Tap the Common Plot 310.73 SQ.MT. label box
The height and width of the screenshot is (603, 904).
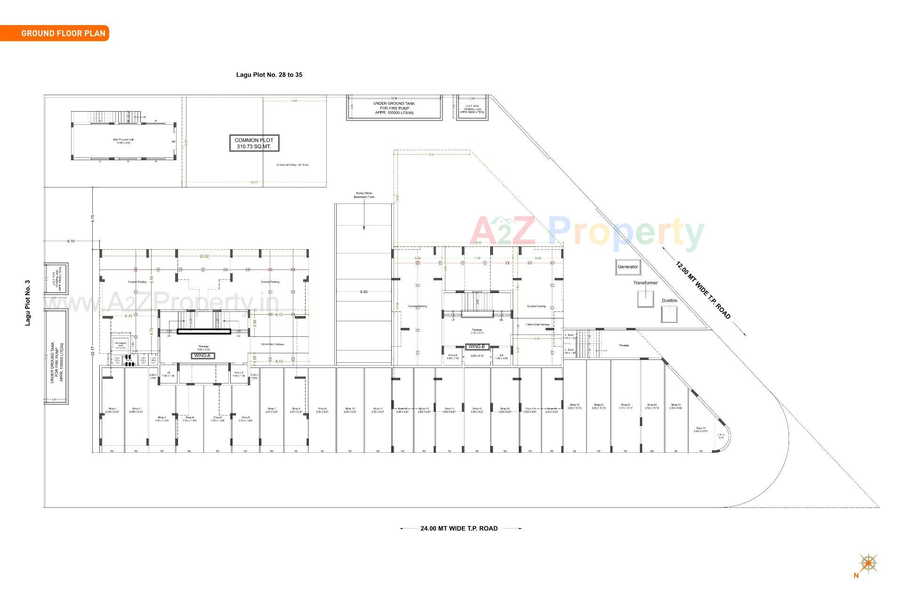pos(254,143)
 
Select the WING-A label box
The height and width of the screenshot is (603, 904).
pos(203,355)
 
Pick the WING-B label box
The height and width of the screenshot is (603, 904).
pos(476,347)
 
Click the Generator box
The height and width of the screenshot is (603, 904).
pos(628,267)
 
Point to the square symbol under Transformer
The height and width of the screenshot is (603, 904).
pos(645,299)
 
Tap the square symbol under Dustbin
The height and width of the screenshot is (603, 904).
pos(669,314)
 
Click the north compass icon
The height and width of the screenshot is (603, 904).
pos(868,563)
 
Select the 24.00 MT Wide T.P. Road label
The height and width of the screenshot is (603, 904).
pos(459,529)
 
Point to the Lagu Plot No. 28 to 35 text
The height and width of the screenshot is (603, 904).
pos(269,75)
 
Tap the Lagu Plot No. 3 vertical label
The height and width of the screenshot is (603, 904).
pos(28,303)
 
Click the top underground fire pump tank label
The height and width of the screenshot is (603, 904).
pos(394,108)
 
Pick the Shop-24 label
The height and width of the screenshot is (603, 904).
pos(701,430)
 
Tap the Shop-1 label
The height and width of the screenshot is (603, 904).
pos(112,410)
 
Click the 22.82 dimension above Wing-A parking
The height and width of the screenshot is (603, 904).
pos(204,256)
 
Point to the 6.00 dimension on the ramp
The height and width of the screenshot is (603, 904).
pos(363,292)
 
